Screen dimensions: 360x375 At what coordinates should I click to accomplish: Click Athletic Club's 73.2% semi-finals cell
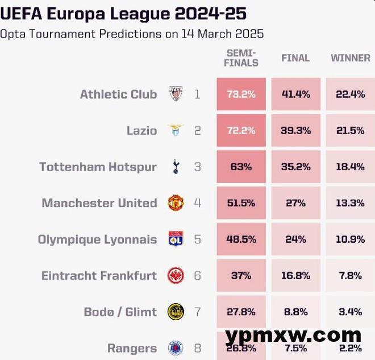click(241, 94)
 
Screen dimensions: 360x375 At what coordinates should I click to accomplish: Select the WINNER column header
click(351, 58)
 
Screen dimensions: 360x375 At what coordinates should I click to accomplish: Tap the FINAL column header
click(295, 58)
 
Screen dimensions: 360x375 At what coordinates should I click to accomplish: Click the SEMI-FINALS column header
click(241, 58)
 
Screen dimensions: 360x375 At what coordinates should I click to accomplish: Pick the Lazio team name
click(141, 131)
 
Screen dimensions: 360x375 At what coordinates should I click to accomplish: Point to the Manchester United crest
click(176, 203)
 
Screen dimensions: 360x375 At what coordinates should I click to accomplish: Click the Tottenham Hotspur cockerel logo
click(176, 167)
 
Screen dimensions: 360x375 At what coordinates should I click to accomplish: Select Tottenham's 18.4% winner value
click(350, 167)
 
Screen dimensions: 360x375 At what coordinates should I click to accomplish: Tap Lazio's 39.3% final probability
click(295, 131)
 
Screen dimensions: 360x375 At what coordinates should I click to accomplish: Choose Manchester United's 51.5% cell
click(241, 203)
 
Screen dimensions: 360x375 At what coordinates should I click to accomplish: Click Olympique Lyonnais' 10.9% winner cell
click(350, 239)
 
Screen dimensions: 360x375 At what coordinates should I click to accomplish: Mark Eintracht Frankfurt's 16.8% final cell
click(295, 276)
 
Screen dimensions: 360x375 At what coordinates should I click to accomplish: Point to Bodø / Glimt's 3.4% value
click(350, 312)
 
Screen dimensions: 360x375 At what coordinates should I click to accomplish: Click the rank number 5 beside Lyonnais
click(197, 239)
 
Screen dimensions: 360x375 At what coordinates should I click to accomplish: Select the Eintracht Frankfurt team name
click(99, 276)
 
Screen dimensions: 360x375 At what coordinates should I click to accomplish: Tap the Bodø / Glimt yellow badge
click(176, 312)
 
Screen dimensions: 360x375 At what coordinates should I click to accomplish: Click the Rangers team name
click(132, 348)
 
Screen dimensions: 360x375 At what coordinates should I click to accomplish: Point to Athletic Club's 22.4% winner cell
click(350, 94)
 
